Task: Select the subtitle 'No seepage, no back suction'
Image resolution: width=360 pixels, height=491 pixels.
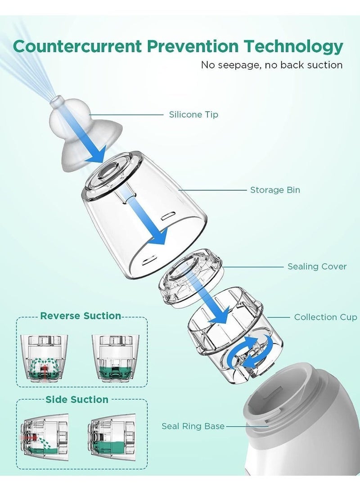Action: point(271,65)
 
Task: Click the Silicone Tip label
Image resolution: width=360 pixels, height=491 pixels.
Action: point(193,115)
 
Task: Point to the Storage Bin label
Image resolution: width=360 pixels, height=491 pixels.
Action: point(275,190)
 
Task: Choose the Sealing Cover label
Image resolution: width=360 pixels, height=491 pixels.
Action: point(317,266)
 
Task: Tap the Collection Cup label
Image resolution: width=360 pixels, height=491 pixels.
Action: point(325,317)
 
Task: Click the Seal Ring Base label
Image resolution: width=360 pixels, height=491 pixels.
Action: point(193,426)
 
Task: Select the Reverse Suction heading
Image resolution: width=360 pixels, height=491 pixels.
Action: point(81,316)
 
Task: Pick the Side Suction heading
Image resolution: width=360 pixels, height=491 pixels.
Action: point(76,399)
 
